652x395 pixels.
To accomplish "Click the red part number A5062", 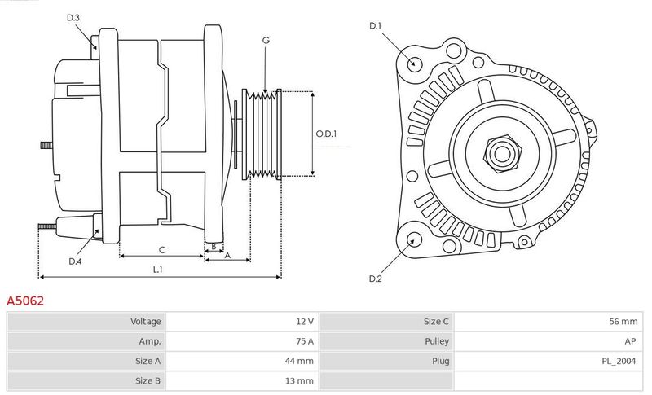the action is (x=25, y=301).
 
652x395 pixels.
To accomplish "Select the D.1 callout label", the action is (x=375, y=26).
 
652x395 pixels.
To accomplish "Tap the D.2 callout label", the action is (x=375, y=279).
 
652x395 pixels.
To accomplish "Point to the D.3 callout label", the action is (x=73, y=17).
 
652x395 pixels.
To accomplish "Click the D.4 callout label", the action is (x=75, y=261).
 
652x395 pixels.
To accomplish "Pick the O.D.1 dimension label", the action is (x=326, y=134).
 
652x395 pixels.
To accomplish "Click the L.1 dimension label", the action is (x=157, y=270).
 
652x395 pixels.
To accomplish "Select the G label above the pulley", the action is (x=266, y=40).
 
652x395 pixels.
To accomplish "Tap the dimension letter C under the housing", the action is (x=162, y=250).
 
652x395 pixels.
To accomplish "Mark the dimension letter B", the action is (x=214, y=246).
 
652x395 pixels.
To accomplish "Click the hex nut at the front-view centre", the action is (x=502, y=154).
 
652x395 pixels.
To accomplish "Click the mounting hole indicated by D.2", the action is (x=412, y=240).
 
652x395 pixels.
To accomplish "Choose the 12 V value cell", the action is (x=305, y=322).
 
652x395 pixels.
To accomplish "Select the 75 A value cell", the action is (x=305, y=341).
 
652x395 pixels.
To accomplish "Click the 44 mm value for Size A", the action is (x=299, y=361).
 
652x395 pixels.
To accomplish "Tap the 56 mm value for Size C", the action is (x=623, y=322).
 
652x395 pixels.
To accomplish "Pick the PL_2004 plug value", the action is (x=619, y=362).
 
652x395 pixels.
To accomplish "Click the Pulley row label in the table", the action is (x=437, y=341).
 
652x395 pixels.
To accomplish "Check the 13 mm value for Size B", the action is (x=299, y=381).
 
